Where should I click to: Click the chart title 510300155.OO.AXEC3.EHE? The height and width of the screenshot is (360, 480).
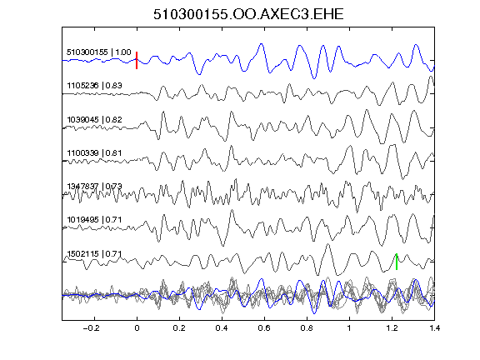[x=248, y=14]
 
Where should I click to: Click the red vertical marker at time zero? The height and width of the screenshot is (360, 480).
[x=137, y=60]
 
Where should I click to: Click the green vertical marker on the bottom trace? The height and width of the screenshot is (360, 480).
[x=397, y=262]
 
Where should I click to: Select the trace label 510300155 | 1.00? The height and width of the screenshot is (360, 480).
[x=99, y=52]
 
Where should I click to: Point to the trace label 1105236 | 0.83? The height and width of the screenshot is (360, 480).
[x=94, y=85]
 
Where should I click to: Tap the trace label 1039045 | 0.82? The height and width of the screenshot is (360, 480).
[x=94, y=119]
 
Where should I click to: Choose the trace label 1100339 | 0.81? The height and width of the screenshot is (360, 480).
[x=94, y=152]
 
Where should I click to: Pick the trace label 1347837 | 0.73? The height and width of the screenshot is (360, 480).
[x=94, y=186]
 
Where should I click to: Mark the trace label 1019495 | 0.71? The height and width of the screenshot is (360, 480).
[x=94, y=220]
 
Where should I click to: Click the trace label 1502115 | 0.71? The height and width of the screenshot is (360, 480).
[x=94, y=254]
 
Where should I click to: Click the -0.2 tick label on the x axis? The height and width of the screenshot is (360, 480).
[x=91, y=328]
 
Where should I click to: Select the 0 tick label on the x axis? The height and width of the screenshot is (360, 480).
[x=137, y=328]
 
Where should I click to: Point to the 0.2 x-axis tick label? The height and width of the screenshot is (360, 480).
[x=179, y=328]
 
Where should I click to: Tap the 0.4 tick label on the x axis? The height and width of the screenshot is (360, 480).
[x=222, y=328]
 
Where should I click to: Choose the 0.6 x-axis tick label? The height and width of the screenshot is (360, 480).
[x=264, y=328]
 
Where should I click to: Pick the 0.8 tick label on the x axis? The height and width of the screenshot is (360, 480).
[x=307, y=328]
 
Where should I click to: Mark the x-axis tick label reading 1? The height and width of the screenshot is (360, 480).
[x=349, y=328]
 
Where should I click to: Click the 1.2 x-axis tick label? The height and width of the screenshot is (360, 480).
[x=392, y=328]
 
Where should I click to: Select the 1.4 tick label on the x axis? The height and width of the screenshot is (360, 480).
[x=434, y=328]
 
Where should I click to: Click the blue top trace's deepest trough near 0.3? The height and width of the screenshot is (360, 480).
[x=199, y=74]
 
